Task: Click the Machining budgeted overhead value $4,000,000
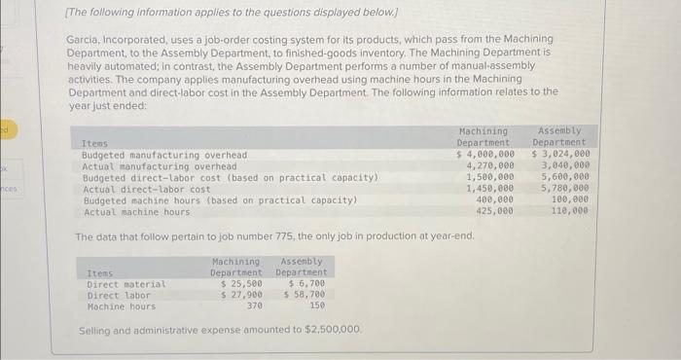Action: pos(485,155)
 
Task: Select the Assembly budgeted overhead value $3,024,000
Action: pos(560,155)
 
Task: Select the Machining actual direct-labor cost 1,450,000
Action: pos(490,189)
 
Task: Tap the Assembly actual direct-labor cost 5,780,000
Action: pos(564,189)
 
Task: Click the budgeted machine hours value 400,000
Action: pos(494,200)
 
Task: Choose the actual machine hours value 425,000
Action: pos(494,211)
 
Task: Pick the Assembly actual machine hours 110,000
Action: pos(569,211)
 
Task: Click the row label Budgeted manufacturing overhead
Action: pos(164,155)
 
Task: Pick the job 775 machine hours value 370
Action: pos(254,306)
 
